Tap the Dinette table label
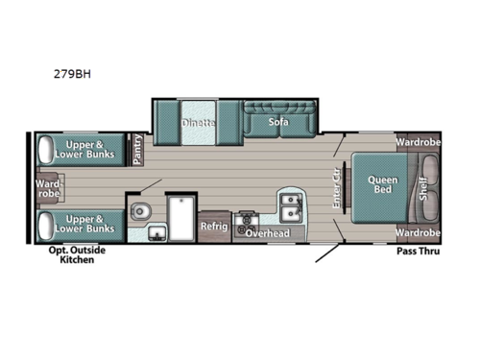coord(198,123)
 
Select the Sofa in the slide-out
coord(278,122)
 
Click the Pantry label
coord(137,149)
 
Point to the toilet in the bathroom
coord(140,210)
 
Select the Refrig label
coord(213,227)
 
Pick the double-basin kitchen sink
coord(290,204)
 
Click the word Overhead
coord(265,233)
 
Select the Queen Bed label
coord(375,182)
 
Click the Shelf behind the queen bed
coord(423,187)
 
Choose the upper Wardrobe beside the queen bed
coord(418,143)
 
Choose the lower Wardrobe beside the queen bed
coord(418,232)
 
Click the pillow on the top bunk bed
coord(45,149)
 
